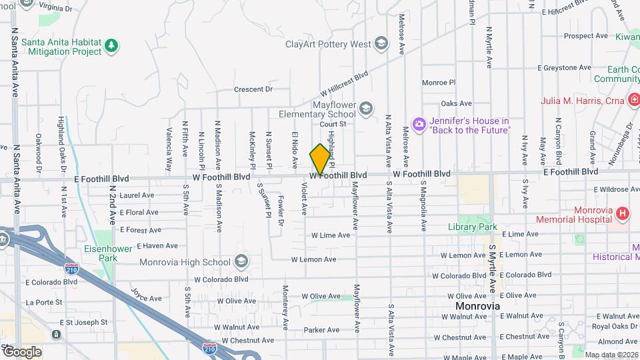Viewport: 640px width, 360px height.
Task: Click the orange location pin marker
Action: pos(320,159)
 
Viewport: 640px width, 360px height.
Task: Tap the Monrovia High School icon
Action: pos(241,261)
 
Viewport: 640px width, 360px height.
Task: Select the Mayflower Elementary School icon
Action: pos(365,107)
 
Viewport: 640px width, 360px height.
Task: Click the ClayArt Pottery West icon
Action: pos(381,44)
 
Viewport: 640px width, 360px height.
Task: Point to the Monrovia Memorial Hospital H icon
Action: pos(622,213)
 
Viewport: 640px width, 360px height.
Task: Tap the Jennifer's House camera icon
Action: pos(419,124)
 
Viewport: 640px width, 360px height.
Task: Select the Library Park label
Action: pos(473,227)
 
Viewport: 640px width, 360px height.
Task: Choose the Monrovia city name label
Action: pos(477,306)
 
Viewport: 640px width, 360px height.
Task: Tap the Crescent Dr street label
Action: pos(253,89)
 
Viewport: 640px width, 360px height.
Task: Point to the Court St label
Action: pos(333,123)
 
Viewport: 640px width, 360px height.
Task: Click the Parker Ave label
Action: pos(321,330)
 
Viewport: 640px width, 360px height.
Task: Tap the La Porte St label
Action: pos(44,302)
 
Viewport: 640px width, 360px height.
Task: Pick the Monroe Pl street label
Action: pos(439,83)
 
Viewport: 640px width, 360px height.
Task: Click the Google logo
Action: pos(22,351)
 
